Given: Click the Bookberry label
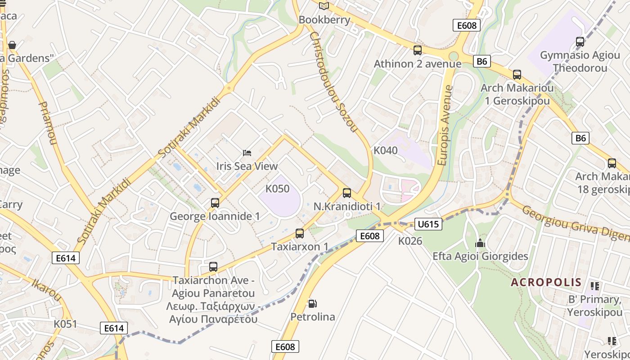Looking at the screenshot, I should click(x=324, y=20).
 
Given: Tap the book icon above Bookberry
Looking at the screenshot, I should click(x=324, y=6).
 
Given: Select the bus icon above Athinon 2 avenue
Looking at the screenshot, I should click(x=418, y=50).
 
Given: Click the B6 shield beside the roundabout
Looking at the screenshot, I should click(x=482, y=61).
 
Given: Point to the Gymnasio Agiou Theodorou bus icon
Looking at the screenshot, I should click(x=580, y=42).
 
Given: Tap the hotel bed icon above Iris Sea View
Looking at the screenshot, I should click(x=247, y=153).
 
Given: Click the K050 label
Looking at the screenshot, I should click(x=278, y=189).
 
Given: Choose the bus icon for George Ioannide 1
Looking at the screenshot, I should click(x=215, y=203).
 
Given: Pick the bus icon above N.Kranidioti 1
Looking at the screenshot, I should click(x=347, y=193).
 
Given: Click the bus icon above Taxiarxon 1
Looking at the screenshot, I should click(x=300, y=234).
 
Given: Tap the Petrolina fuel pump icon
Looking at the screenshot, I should click(x=312, y=304).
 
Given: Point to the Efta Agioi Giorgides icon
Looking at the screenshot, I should click(x=480, y=243).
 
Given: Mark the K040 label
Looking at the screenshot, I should click(x=386, y=150).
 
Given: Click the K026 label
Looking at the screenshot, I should click(x=410, y=241).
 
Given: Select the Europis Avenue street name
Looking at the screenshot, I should click(x=446, y=125).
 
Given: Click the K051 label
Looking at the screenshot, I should click(x=66, y=324).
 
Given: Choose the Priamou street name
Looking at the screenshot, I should click(x=48, y=122).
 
